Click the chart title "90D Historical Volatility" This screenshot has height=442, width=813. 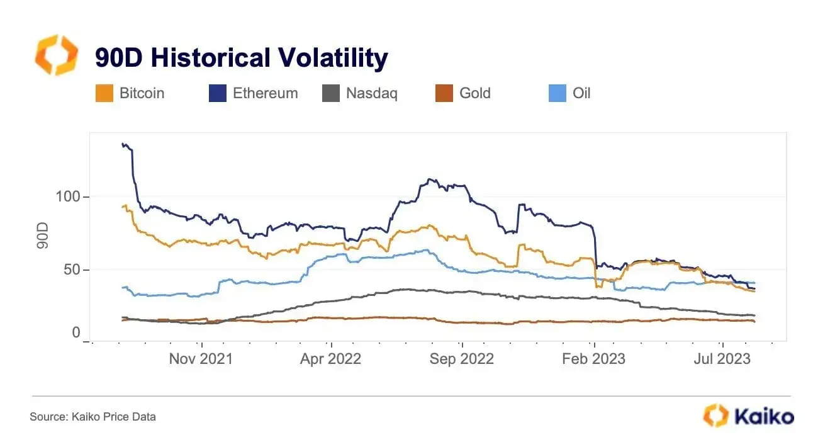point(241,59)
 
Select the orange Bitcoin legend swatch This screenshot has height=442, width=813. point(104,94)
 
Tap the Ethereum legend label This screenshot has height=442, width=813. point(265,94)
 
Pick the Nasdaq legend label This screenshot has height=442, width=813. point(371,94)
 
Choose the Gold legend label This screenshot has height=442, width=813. point(474,94)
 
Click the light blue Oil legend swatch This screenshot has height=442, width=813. point(557,94)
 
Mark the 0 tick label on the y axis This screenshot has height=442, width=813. point(76,333)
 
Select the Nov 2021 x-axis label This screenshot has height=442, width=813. point(201,359)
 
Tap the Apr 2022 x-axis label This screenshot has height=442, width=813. point(331,359)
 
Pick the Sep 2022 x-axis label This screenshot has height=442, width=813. point(462,359)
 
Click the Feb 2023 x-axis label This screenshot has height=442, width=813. point(593,359)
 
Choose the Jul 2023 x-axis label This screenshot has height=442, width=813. point(722,359)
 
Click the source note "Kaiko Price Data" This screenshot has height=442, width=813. point(93,417)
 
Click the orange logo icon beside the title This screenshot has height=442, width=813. point(56,55)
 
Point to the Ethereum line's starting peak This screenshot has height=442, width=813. point(123,144)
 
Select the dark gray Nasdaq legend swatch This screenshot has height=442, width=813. point(331,94)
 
